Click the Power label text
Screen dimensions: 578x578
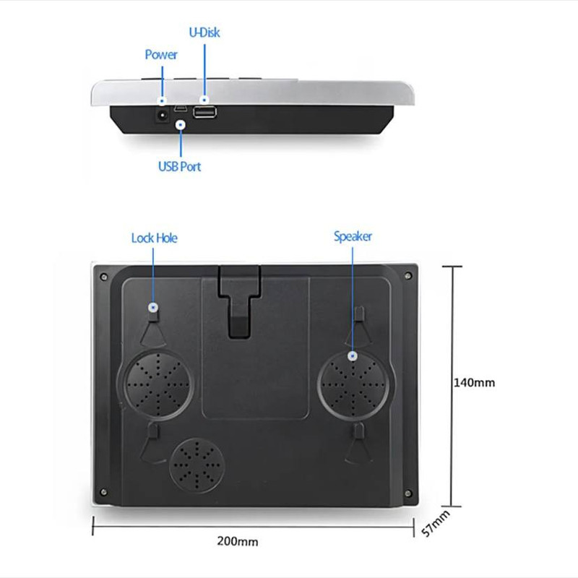click(x=161, y=55)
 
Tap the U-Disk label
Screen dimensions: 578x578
click(x=204, y=33)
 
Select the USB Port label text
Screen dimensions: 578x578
click(x=179, y=167)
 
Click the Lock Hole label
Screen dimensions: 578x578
click(x=154, y=238)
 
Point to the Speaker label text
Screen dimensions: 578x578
click(x=353, y=236)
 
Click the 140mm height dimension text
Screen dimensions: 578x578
click(x=474, y=383)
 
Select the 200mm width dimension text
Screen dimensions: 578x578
click(x=238, y=541)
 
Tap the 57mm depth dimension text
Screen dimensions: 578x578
click(x=436, y=523)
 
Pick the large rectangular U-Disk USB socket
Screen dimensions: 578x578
click(x=204, y=112)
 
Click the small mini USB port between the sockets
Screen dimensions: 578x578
click(x=181, y=108)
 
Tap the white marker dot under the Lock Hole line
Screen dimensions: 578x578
click(x=153, y=308)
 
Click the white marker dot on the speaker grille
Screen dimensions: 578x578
click(x=353, y=356)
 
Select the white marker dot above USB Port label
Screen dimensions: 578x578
click(x=180, y=125)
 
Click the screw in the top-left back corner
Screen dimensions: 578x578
click(x=104, y=277)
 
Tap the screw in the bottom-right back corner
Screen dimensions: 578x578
click(x=408, y=493)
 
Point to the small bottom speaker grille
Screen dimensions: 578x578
click(x=197, y=466)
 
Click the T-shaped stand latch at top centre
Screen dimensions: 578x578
click(x=240, y=301)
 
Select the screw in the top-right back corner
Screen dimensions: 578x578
click(x=408, y=275)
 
